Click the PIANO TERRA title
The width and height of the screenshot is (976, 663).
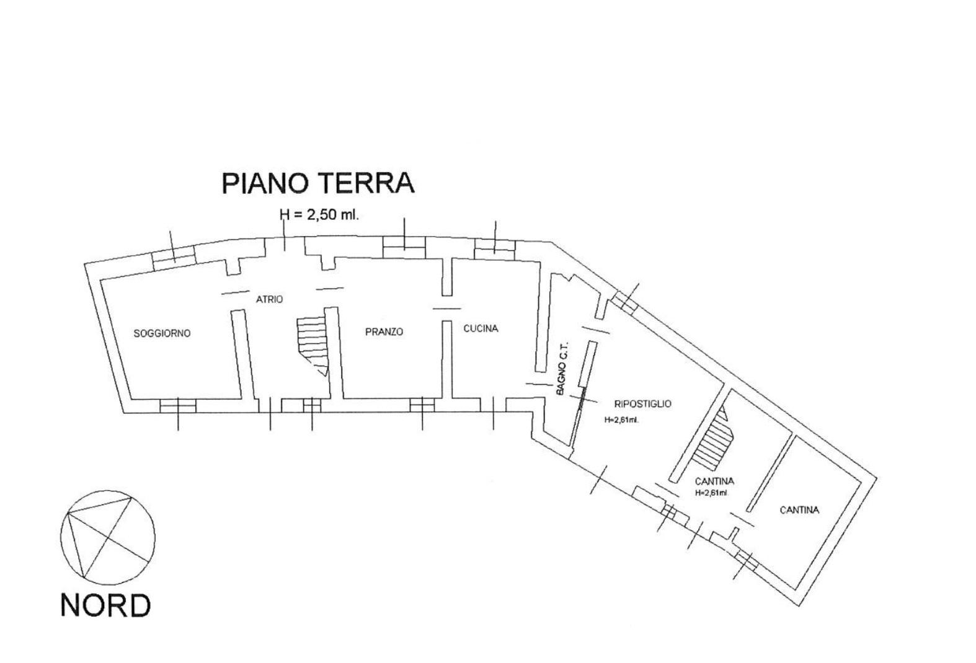click(317, 183)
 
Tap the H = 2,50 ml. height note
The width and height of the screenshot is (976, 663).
click(319, 215)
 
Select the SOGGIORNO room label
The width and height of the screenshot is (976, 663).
click(162, 333)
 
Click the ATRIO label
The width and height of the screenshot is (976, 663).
click(269, 299)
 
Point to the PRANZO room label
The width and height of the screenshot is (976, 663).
click(384, 332)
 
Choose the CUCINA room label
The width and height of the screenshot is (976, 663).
click(481, 329)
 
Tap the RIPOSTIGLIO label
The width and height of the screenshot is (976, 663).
click(642, 404)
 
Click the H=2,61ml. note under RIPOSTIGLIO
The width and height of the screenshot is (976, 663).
click(621, 419)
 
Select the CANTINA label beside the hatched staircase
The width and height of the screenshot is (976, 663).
click(714, 481)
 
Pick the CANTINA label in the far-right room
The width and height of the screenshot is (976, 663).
click(799, 510)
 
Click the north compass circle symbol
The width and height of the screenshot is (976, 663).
click(108, 536)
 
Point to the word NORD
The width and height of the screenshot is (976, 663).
click(105, 605)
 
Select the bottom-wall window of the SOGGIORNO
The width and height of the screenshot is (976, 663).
click(178, 406)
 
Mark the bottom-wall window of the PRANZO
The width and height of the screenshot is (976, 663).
click(422, 405)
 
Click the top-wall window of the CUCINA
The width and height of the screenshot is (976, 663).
click(495, 248)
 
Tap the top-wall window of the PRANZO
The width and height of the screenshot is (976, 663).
click(404, 246)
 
